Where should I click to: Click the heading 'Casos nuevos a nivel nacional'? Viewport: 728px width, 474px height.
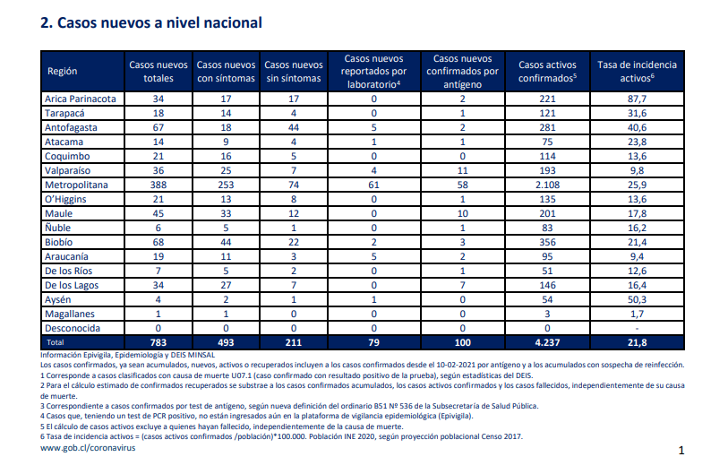(159, 22)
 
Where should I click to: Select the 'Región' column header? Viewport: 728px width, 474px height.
(62, 71)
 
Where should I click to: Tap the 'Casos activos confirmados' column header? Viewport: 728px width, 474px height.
(547, 71)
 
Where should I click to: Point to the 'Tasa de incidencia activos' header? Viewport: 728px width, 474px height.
(637, 71)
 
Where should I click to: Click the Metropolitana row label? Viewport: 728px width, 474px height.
(76, 185)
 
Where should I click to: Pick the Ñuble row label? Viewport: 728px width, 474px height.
(57, 228)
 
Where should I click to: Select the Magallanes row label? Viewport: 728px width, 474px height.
(70, 315)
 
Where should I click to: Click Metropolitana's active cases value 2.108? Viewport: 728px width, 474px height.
(547, 185)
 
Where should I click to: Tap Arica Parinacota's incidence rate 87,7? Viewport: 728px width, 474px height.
(637, 99)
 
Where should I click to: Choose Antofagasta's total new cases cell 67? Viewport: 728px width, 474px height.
(158, 128)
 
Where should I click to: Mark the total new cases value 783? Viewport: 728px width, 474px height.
(158, 342)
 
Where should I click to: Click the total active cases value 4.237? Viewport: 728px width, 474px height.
(547, 342)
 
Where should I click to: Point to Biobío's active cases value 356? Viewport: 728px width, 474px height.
(547, 242)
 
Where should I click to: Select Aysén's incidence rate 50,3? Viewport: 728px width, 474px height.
(637, 300)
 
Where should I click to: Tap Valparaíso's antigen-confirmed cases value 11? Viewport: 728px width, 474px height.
(462, 170)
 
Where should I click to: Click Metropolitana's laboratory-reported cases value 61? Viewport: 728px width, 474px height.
(373, 185)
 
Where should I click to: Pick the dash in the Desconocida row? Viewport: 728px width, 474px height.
(637, 329)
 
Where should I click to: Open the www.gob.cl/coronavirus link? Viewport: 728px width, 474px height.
(88, 448)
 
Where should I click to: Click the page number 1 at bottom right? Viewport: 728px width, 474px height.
(681, 451)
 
